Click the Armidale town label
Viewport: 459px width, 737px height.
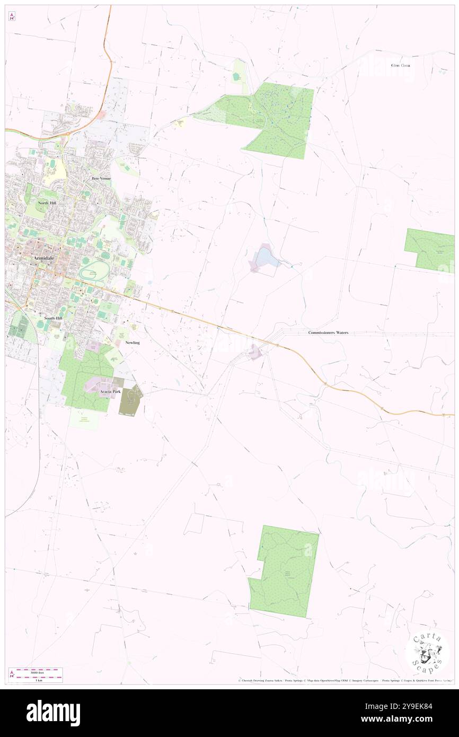(x=43, y=258)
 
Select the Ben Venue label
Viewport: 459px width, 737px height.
(x=102, y=179)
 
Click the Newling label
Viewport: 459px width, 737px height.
(x=132, y=343)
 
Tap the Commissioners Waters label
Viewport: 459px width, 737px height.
(x=328, y=332)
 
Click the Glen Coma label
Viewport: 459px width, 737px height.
(x=400, y=65)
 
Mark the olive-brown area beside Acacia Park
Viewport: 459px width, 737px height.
(x=131, y=401)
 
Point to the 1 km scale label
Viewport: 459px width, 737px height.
(x=36, y=680)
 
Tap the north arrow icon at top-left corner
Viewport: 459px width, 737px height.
(x=12, y=16)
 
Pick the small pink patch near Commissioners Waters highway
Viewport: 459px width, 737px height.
(x=255, y=352)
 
